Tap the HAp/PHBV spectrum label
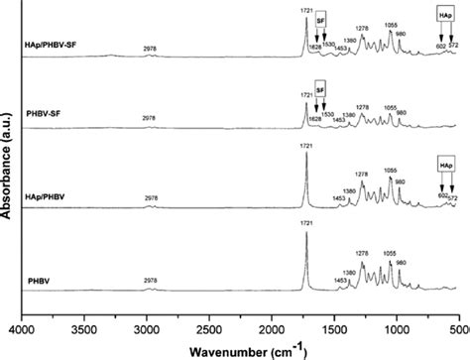click(x=56, y=197)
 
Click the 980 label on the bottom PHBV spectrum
click(x=400, y=264)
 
